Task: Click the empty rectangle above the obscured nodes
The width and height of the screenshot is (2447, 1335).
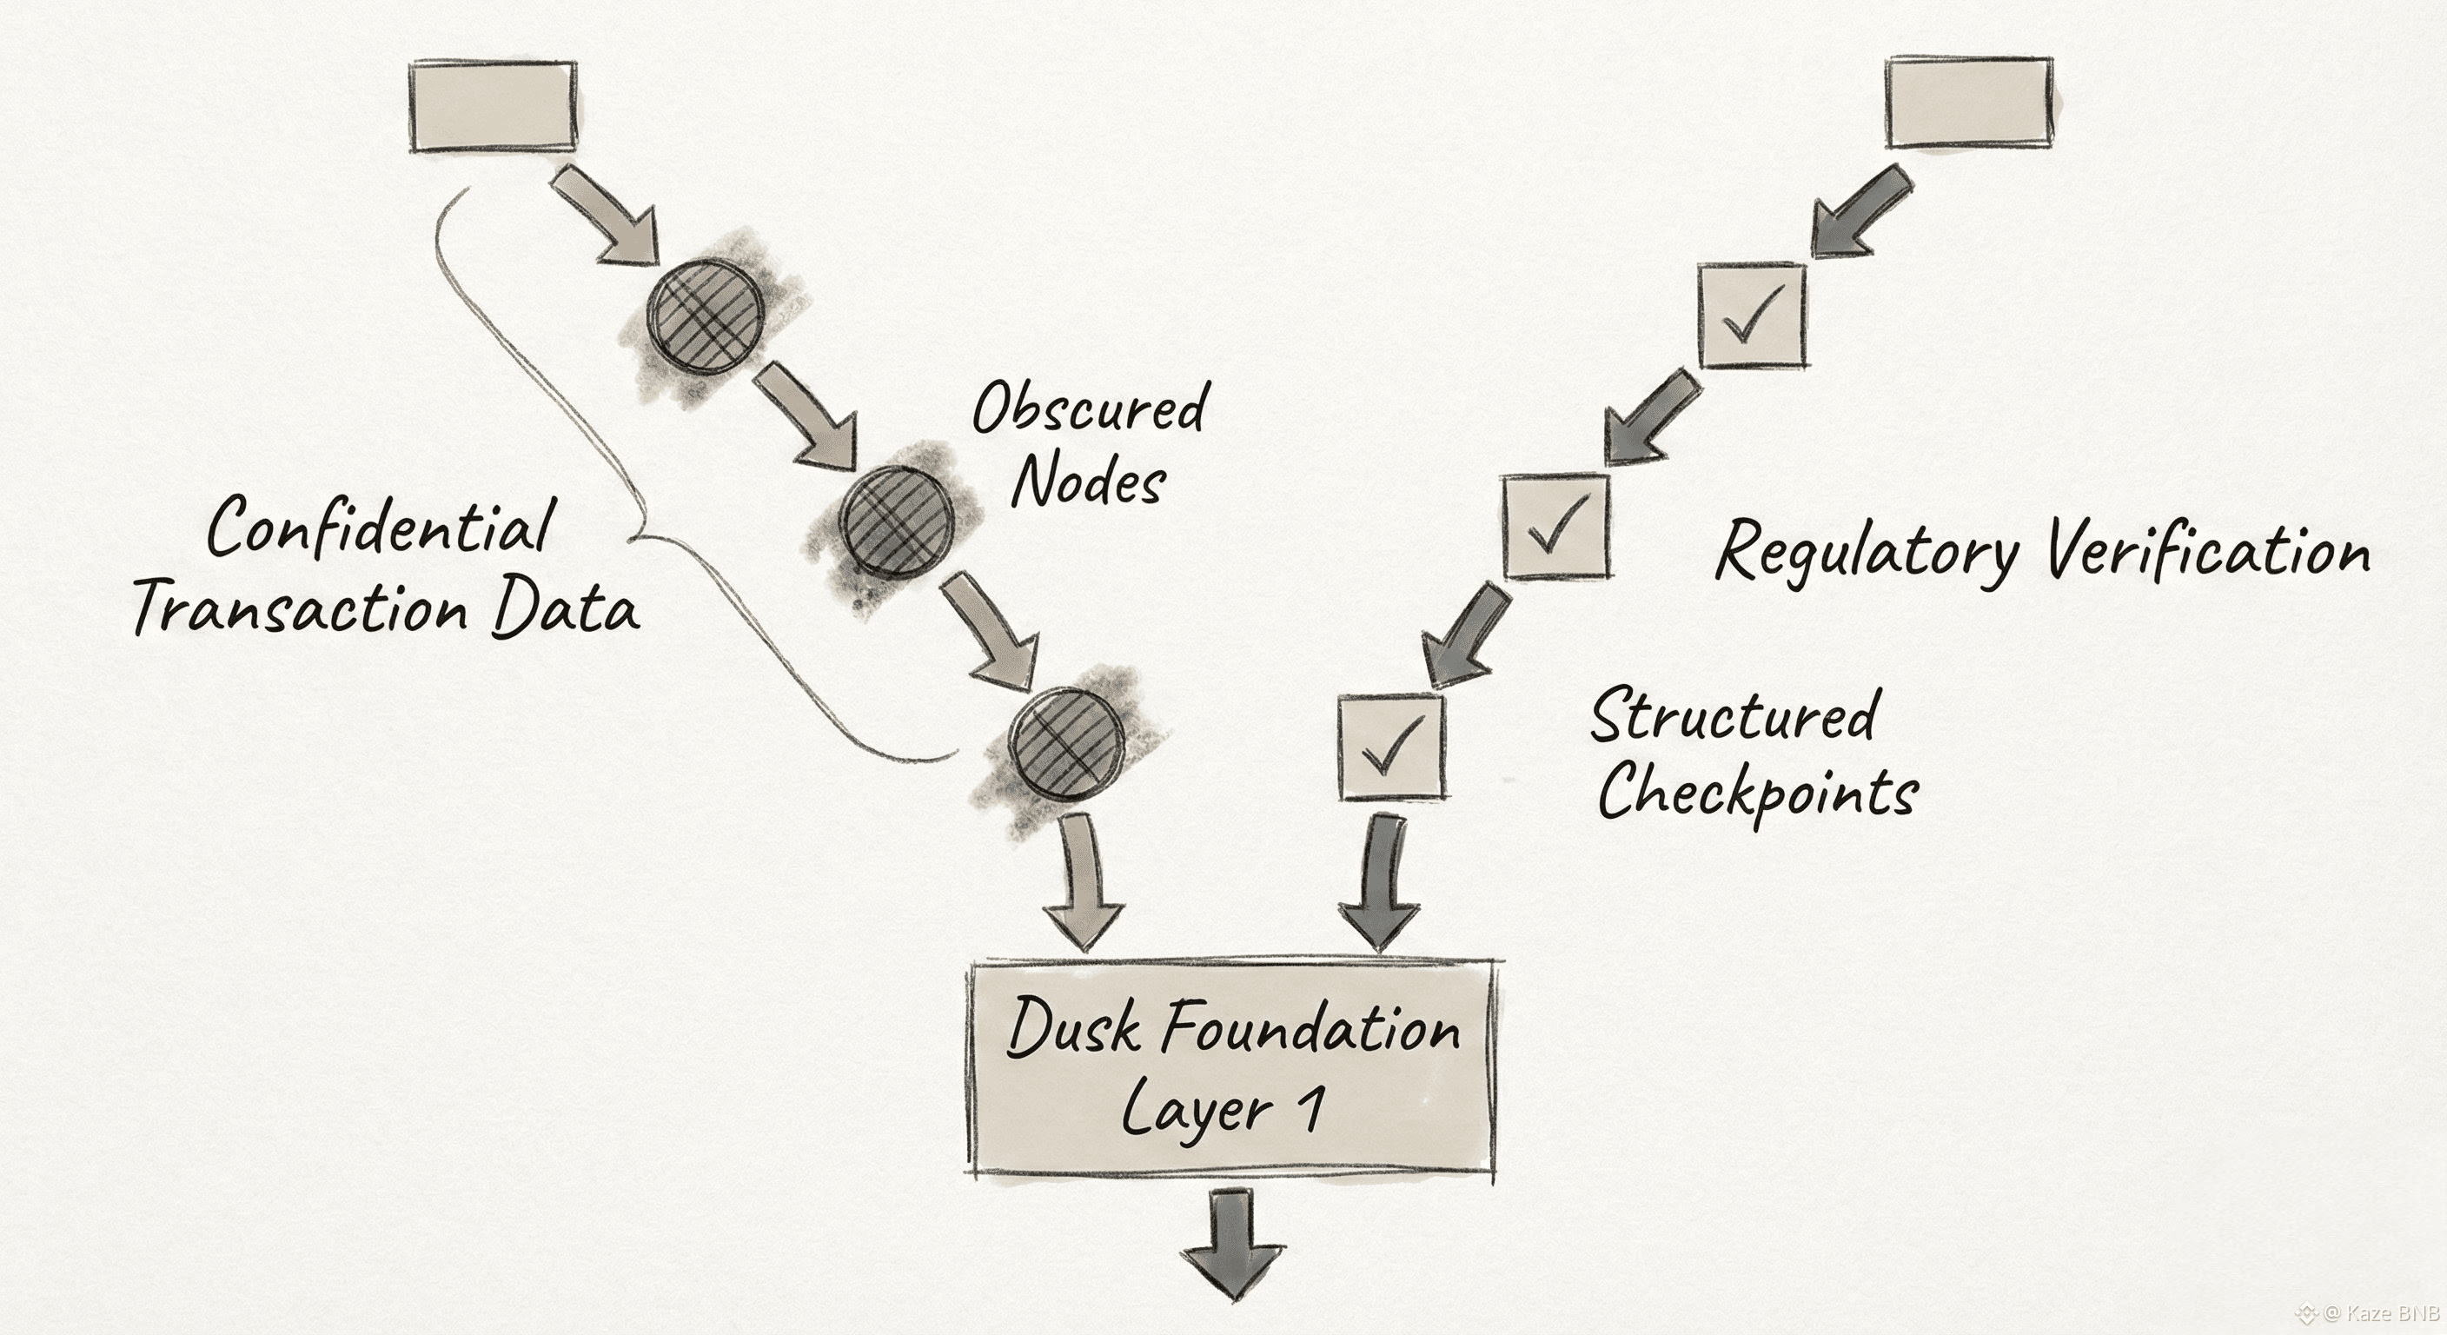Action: [x=493, y=105]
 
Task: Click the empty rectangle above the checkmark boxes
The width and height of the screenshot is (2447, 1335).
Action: [x=1968, y=103]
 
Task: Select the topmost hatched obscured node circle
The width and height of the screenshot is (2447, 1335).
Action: [x=706, y=315]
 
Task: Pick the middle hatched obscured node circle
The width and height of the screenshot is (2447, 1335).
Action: [x=896, y=521]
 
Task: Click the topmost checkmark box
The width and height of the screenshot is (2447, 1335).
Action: [x=1752, y=316]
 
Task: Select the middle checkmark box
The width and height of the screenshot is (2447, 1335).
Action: [x=1556, y=527]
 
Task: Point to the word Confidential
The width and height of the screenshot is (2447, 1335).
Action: [x=381, y=527]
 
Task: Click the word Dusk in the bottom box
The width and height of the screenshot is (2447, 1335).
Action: [x=1072, y=1028]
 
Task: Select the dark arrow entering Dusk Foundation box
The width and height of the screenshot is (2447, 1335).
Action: [x=1379, y=884]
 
